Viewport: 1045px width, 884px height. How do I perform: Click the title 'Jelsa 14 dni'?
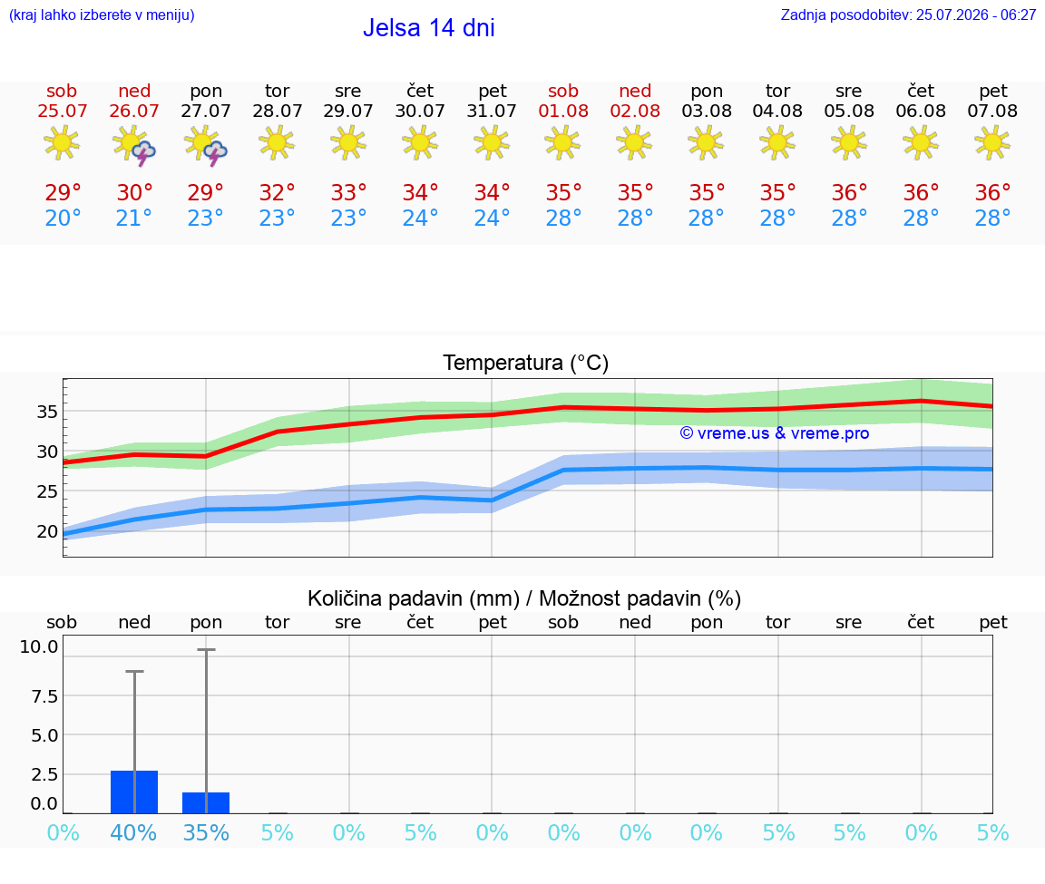click(x=428, y=28)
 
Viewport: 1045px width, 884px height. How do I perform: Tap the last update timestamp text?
click(x=908, y=15)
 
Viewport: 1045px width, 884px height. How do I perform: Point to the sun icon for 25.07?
click(x=62, y=143)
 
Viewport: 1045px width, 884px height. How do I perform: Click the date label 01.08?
click(x=563, y=112)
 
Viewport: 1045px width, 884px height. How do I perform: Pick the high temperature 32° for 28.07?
click(x=278, y=192)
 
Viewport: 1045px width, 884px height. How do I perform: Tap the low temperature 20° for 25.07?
click(x=63, y=218)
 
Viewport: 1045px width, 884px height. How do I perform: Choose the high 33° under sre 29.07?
click(x=348, y=192)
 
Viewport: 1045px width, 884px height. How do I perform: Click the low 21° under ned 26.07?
click(x=134, y=218)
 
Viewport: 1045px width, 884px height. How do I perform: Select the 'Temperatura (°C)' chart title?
click(x=526, y=363)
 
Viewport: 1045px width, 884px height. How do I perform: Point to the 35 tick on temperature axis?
click(x=47, y=412)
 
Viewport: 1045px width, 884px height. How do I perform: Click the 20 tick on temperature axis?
click(x=47, y=531)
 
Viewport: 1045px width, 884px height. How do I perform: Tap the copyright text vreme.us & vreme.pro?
click(x=775, y=433)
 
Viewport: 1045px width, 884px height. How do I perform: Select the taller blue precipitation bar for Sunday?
click(x=134, y=792)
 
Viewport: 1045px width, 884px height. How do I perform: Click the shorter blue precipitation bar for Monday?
click(x=206, y=802)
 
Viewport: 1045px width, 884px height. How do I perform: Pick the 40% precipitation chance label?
click(x=134, y=832)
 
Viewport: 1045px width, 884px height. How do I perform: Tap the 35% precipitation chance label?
click(x=206, y=832)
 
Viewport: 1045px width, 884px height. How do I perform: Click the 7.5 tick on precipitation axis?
click(x=44, y=696)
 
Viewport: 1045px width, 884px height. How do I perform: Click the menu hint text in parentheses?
click(x=102, y=15)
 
